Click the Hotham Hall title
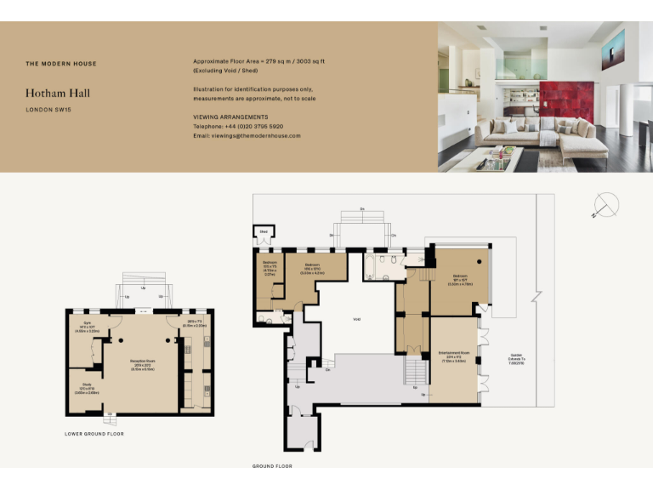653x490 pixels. [x=58, y=93]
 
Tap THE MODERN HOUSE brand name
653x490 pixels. [x=61, y=64]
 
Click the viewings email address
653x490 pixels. [x=247, y=135]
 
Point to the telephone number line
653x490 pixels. [x=238, y=126]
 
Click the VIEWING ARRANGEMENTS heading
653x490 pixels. [x=230, y=117]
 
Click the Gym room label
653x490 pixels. [x=86, y=325]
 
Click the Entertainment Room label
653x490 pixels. [x=454, y=354]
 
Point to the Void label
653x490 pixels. [x=357, y=319]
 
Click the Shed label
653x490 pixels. [x=264, y=231]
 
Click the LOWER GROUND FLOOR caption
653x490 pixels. [x=94, y=434]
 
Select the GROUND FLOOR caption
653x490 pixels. [x=273, y=466]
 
